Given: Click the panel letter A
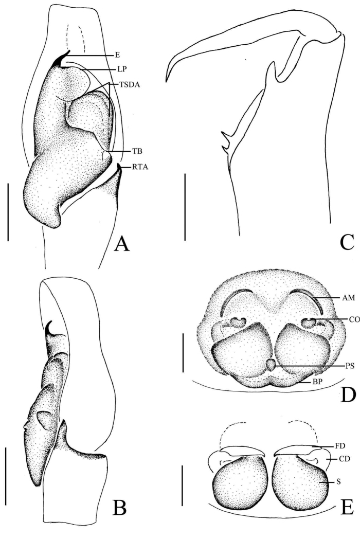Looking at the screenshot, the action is [x=121, y=241].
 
